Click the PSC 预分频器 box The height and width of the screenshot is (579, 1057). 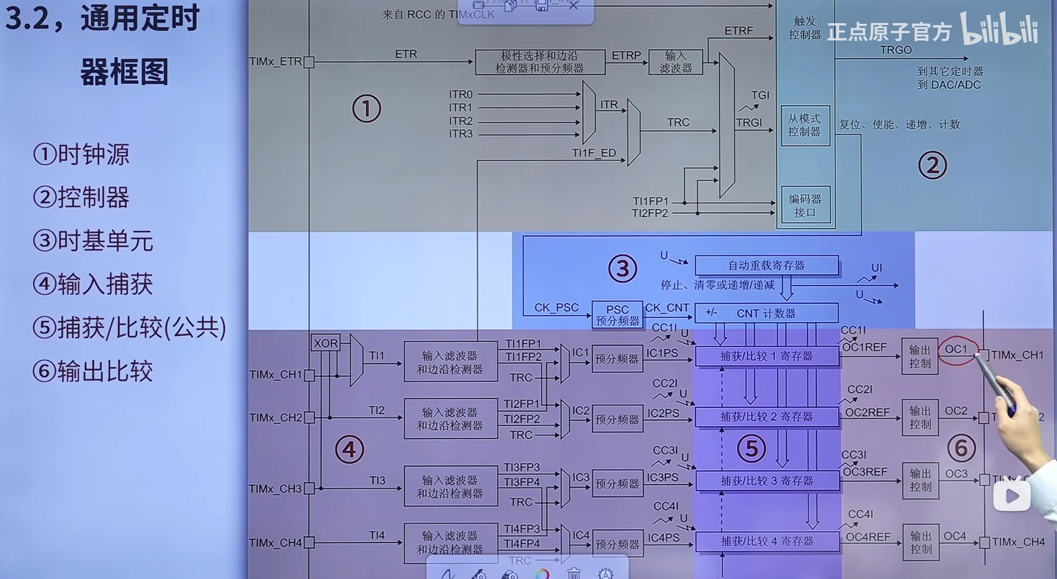pos(617,315)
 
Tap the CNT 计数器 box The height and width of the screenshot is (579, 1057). pos(766,313)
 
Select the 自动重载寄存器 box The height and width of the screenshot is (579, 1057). pos(766,265)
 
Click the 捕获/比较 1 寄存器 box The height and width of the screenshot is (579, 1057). pos(767,356)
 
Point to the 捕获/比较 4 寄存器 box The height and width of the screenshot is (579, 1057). pos(767,541)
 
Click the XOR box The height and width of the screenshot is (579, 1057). pos(325,343)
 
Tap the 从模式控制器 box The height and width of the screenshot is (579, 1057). pos(805,125)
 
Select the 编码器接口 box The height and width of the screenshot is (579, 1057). pos(805,205)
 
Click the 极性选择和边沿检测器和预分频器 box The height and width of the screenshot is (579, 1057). pos(539,62)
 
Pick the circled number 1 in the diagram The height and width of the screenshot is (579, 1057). pos(366,109)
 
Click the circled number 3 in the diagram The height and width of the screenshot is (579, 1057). pos(622,269)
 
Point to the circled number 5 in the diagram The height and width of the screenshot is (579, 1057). pos(752,448)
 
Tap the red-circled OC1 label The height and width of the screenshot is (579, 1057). pos(956,350)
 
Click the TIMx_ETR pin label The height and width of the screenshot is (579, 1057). pos(275,62)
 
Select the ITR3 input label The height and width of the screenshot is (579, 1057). pos(461,134)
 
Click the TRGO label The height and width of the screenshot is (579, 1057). pos(896,50)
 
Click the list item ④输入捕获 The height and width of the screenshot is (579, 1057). pos(93,284)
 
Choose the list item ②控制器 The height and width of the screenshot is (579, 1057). pos(81,197)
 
